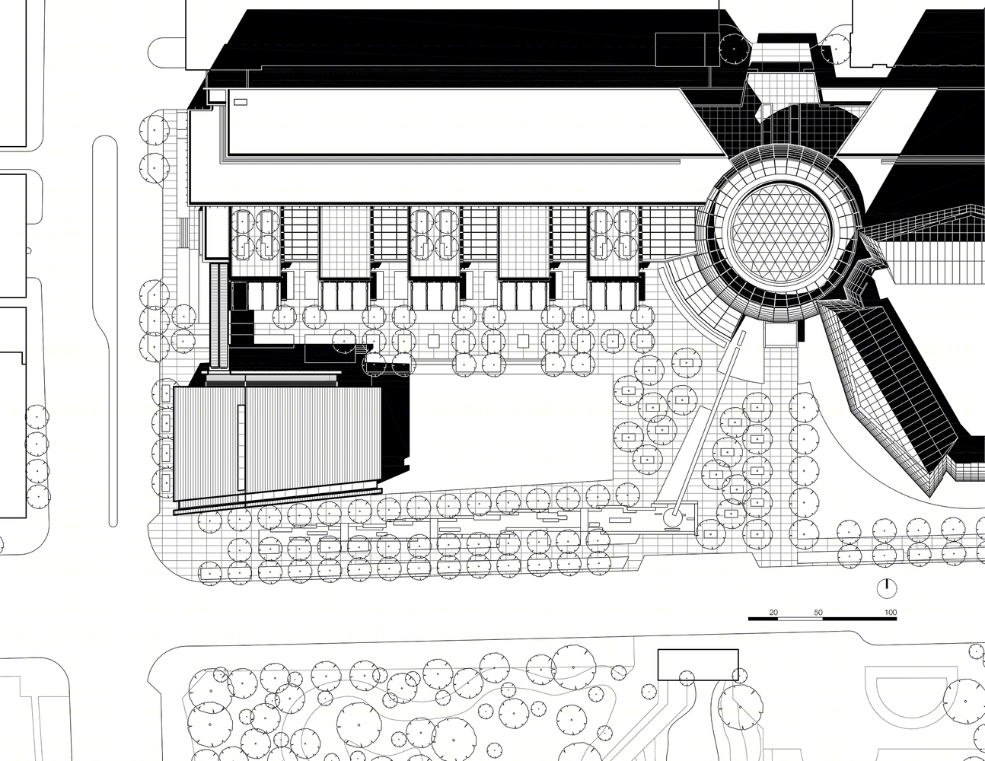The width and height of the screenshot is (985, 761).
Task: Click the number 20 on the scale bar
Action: pyautogui.click(x=773, y=613)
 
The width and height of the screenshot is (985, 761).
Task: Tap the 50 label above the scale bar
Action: pyautogui.click(x=818, y=613)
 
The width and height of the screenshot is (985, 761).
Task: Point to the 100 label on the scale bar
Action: pyautogui.click(x=891, y=613)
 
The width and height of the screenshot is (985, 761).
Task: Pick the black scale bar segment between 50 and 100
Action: pyautogui.click(x=859, y=618)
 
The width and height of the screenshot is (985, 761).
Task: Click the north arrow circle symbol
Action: pyautogui.click(x=887, y=588)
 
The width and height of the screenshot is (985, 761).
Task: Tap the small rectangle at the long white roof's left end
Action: pyautogui.click(x=241, y=103)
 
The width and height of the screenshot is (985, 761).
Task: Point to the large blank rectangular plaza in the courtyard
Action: pyautogui.click(x=510, y=432)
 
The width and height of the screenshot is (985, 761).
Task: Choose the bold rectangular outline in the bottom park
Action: pyautogui.click(x=698, y=664)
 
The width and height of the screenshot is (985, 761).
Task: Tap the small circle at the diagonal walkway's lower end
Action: pyautogui.click(x=671, y=517)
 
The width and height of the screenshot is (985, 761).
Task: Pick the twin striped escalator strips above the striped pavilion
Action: pyautogui.click(x=219, y=316)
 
